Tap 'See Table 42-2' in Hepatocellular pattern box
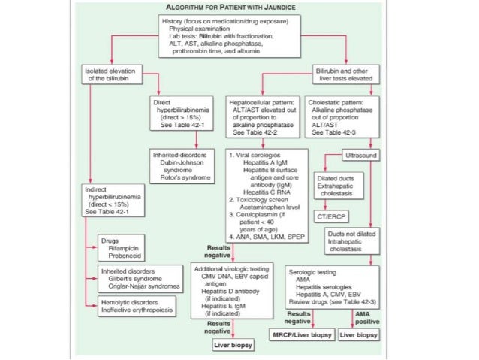252,132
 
